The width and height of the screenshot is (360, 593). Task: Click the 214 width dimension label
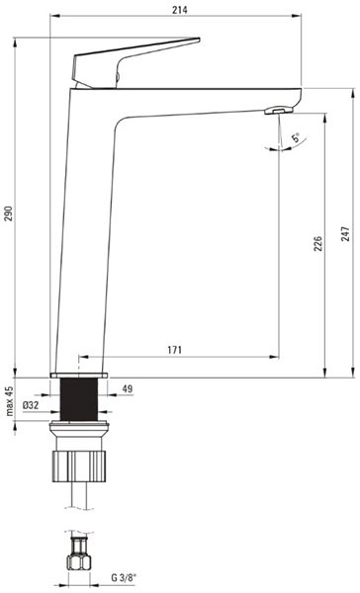180,10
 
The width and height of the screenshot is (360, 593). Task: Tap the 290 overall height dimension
9,213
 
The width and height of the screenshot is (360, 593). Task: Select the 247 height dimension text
345,234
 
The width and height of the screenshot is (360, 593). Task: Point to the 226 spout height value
318,244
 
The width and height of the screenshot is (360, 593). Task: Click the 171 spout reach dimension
174,350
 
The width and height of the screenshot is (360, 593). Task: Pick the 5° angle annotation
296,137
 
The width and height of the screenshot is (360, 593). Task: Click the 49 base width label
128,388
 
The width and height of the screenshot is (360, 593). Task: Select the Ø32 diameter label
31,405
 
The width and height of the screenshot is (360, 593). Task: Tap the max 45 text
9,401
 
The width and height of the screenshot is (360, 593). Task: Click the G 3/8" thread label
124,578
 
